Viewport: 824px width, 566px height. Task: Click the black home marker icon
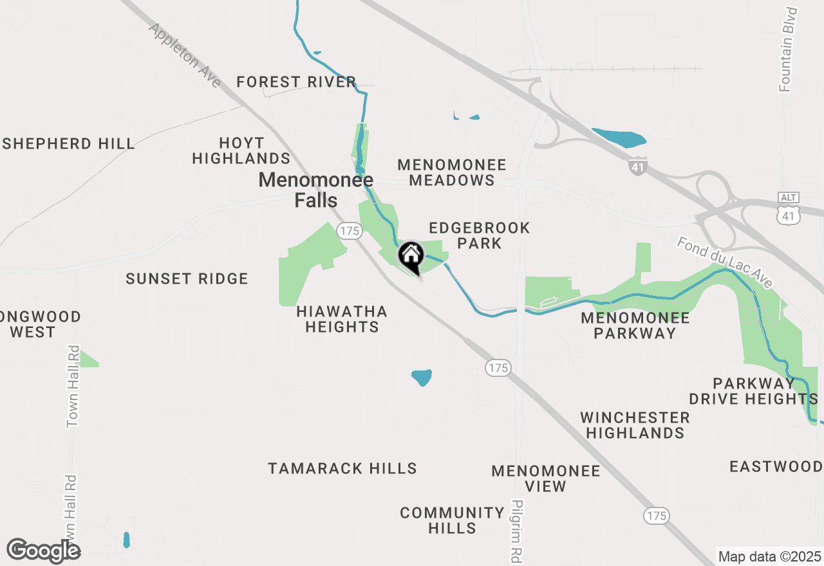[x=411, y=255]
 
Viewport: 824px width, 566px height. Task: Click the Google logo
[x=44, y=551]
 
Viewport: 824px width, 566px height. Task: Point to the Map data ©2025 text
[x=769, y=556]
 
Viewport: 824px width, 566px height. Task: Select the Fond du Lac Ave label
[x=724, y=262]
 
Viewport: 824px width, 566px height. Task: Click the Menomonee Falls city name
[x=315, y=190]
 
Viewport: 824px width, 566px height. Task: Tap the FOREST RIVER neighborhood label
[x=296, y=82]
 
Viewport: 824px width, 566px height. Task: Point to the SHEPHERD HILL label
[x=68, y=143]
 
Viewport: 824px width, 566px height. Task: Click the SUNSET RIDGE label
[x=187, y=278]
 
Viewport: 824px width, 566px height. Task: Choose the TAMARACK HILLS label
[x=342, y=468]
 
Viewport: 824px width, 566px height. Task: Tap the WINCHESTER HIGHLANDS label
[x=635, y=425]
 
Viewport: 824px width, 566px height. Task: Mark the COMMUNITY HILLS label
[x=452, y=520]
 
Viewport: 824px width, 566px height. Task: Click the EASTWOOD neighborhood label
[x=776, y=466]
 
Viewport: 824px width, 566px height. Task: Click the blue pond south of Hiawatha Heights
[x=422, y=378]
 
